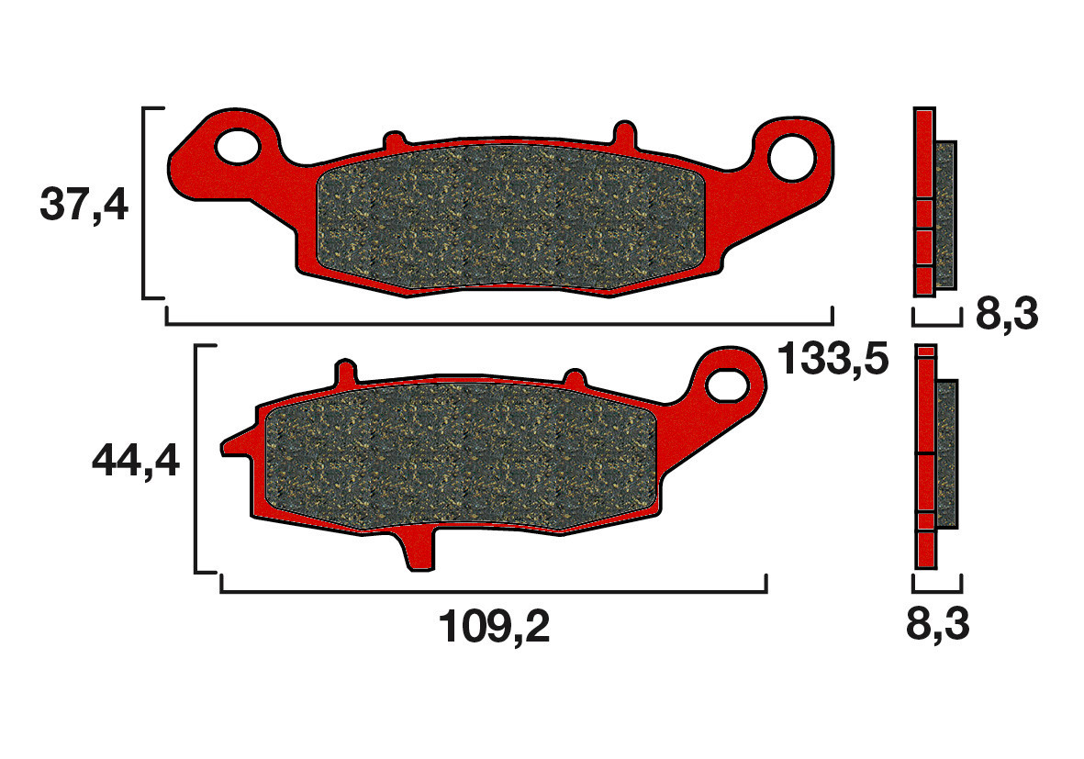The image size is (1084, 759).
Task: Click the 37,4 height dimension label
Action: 84,206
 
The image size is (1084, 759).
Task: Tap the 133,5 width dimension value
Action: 833,359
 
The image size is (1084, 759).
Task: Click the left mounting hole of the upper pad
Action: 238,146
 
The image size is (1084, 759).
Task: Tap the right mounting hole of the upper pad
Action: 792,156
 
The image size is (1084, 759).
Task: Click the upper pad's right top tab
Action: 623,133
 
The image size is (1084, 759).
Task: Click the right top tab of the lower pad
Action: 575,379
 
